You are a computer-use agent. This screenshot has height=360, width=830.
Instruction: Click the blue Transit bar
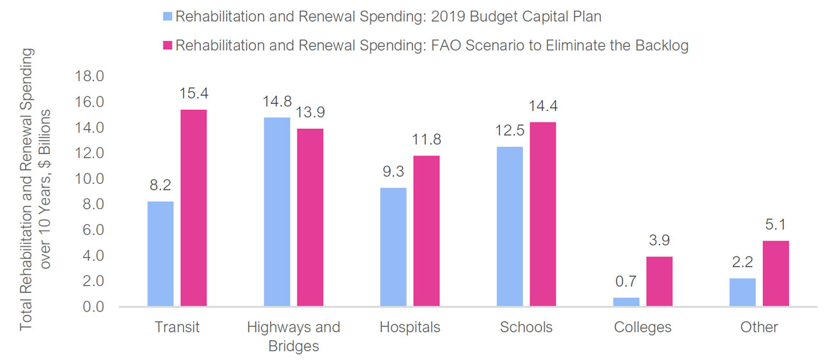pos(160,254)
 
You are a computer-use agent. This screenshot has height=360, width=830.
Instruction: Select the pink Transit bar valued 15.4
pos(193,208)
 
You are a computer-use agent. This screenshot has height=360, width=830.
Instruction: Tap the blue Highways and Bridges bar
pos(277,212)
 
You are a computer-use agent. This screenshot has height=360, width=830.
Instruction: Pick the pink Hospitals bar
pos(426,231)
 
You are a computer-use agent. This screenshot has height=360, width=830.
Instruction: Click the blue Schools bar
pos(509,227)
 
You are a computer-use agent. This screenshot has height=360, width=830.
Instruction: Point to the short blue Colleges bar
pos(626,302)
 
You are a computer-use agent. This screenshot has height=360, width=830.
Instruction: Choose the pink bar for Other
pos(776,274)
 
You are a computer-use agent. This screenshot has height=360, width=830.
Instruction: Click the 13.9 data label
pos(310,112)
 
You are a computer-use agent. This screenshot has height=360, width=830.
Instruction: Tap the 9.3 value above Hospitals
pos(393,171)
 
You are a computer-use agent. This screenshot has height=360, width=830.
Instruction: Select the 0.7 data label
pos(626,281)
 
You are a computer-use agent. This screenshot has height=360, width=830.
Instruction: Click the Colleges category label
pos(642,327)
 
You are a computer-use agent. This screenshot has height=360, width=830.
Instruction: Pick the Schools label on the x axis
pos(526,327)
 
